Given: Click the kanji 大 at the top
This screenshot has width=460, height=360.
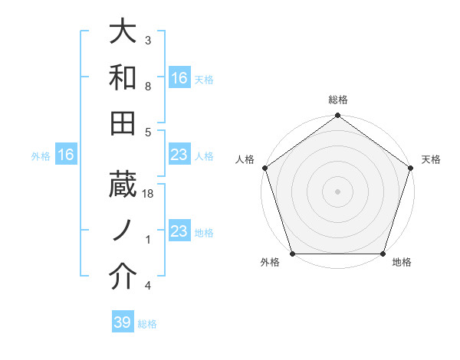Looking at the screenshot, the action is (123, 32).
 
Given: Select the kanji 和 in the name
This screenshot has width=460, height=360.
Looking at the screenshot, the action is (123, 77).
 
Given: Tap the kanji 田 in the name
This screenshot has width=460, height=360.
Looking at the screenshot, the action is (123, 123).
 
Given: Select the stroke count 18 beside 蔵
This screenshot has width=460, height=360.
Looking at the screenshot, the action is (149, 195).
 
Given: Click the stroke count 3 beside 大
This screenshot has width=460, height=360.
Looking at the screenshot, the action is (148, 40).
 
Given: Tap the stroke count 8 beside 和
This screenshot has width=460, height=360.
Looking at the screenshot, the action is (148, 87).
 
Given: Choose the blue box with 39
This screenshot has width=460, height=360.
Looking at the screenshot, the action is (123, 322).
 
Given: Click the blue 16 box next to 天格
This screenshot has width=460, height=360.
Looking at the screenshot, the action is (179, 77).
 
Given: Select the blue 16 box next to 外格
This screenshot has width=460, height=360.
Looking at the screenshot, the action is (66, 155).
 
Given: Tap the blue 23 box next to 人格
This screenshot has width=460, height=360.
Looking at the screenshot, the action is (179, 155).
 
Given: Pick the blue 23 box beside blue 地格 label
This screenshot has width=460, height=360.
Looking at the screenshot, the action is (179, 231).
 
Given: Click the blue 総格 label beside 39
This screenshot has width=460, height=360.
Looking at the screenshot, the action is (147, 324).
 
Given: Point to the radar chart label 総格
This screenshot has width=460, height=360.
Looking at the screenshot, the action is (337, 100).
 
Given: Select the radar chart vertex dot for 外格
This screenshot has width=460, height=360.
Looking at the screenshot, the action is (292, 254).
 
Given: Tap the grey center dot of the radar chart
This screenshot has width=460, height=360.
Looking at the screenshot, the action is (337, 191).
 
